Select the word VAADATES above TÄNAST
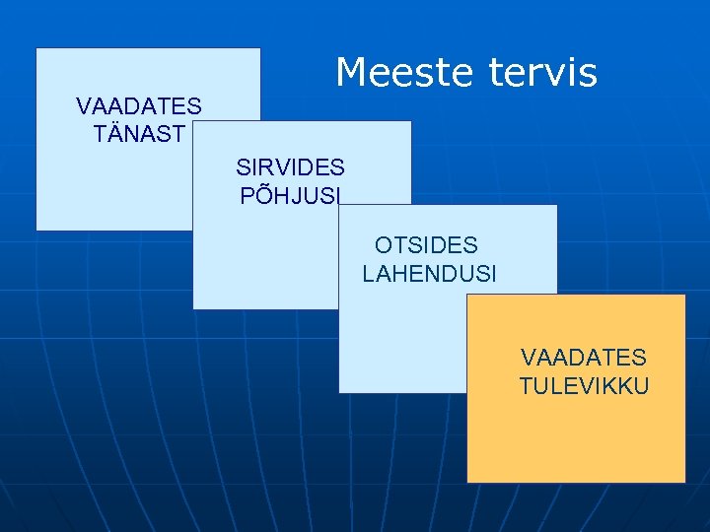[139, 105]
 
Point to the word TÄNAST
[139, 134]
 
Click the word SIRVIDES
[290, 167]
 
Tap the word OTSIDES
[426, 245]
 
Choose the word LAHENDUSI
[430, 273]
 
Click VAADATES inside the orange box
[584, 357]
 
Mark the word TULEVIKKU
[584, 385]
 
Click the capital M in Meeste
[350, 73]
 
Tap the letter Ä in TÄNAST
[112, 134]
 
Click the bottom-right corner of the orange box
[684, 482]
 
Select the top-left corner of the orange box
[467, 295]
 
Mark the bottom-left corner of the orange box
[467, 482]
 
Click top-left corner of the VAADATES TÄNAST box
[36, 48]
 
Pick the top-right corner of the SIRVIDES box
[410, 121]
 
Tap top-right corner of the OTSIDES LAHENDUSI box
[557, 205]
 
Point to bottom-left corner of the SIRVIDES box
[193, 308]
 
